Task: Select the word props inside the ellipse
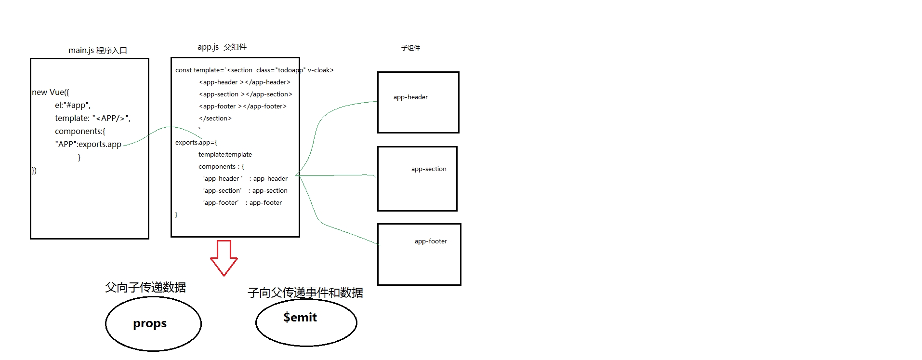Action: (x=150, y=323)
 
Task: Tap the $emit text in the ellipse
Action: (x=300, y=317)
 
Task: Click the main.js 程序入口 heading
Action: (x=98, y=50)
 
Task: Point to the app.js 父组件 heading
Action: (x=222, y=47)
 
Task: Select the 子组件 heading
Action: (x=410, y=48)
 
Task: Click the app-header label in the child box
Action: (x=410, y=97)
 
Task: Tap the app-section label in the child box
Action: (x=429, y=169)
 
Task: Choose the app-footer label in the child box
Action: (x=431, y=241)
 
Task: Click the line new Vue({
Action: (x=51, y=92)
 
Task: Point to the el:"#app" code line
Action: (x=73, y=105)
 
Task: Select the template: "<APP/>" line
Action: (x=92, y=118)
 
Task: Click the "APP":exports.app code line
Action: (x=88, y=144)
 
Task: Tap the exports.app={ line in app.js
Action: (x=196, y=142)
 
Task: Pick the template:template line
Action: (x=225, y=154)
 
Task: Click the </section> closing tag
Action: (x=215, y=118)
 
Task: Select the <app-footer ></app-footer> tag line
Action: (x=243, y=106)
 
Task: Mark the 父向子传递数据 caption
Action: (x=145, y=287)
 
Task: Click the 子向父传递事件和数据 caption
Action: (x=305, y=293)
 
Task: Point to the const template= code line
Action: (x=254, y=70)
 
